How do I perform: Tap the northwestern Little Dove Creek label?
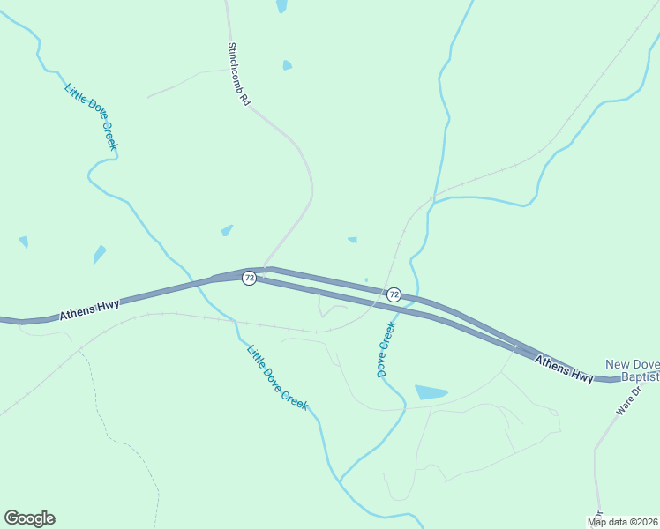pos(91,116)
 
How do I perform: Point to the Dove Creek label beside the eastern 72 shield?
pos(386,349)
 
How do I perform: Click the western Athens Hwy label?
pos(89,309)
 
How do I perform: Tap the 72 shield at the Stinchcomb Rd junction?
pos(250,278)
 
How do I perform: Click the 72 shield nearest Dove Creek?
pos(394,294)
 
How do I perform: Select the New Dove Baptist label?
pos(632,370)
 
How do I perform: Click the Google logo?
pos(29,518)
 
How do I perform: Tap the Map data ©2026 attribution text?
pos(621,522)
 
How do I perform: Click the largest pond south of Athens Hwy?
pos(431,392)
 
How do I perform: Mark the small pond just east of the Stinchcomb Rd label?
pos(287,65)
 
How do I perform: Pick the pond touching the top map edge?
pos(281,5)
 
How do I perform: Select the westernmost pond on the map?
pos(23,241)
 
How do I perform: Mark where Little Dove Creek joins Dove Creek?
pos(341,481)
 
